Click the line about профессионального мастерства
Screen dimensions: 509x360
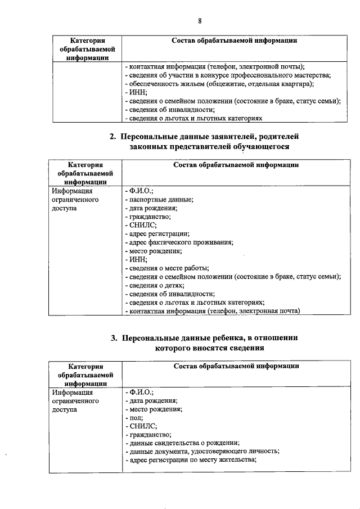pos(228,75)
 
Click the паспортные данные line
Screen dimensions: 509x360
pos(159,200)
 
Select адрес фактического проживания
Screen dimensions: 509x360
pos(179,242)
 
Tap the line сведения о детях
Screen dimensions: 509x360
pos(152,285)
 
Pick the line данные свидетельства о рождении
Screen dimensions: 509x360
pos(183,443)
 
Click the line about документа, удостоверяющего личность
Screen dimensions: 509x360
pos(202,451)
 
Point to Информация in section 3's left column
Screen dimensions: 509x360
pos(72,393)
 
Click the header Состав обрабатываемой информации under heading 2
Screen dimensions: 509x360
pos(236,165)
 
